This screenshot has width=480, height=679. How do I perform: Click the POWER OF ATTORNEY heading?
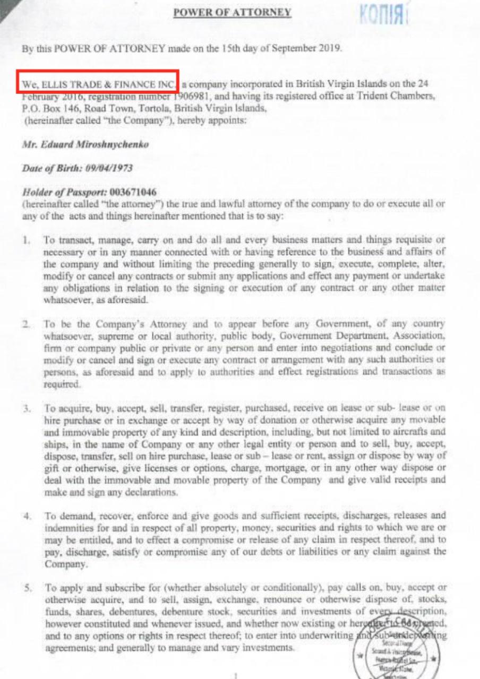click(x=233, y=12)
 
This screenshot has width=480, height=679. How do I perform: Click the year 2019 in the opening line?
click(x=329, y=48)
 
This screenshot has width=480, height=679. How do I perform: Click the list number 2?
click(x=25, y=324)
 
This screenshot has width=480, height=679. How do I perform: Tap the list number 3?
click(x=25, y=409)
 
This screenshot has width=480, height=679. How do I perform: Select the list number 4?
click(x=25, y=515)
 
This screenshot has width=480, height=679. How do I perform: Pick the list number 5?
click(x=25, y=588)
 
